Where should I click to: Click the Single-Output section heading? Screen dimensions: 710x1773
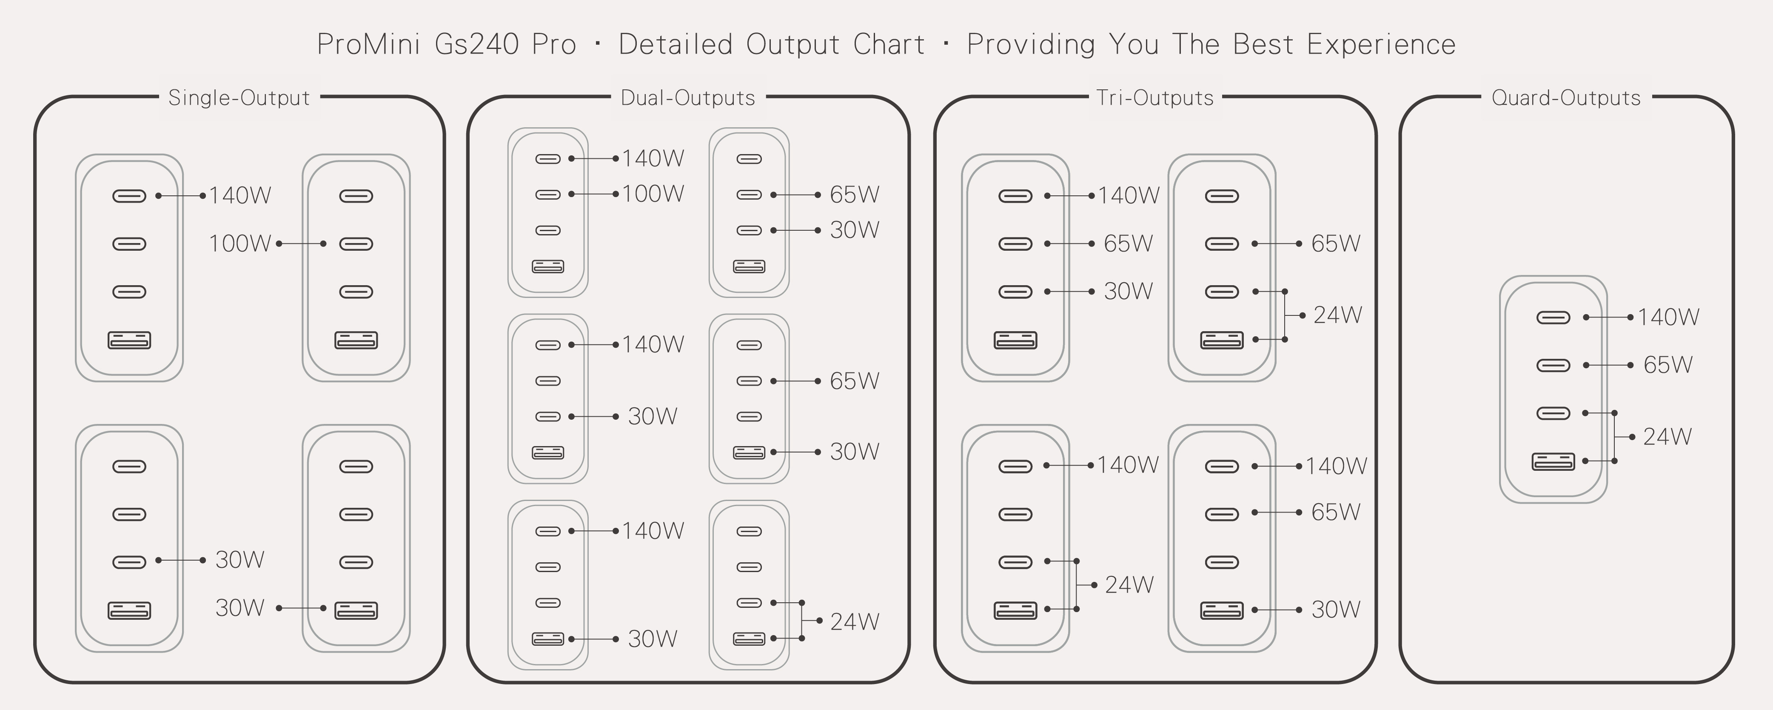(239, 98)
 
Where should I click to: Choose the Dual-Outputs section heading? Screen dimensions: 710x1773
(687, 98)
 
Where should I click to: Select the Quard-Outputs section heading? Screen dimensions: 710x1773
(1566, 98)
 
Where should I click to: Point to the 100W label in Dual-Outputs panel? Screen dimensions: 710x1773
(653, 194)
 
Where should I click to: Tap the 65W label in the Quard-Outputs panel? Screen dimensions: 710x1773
(1667, 365)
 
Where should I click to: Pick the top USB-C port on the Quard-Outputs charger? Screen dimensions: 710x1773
(1553, 318)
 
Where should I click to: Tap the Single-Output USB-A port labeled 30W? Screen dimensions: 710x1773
(356, 610)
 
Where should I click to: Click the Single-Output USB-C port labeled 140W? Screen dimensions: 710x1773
(129, 196)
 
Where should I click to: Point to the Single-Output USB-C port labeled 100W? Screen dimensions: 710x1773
(356, 244)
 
